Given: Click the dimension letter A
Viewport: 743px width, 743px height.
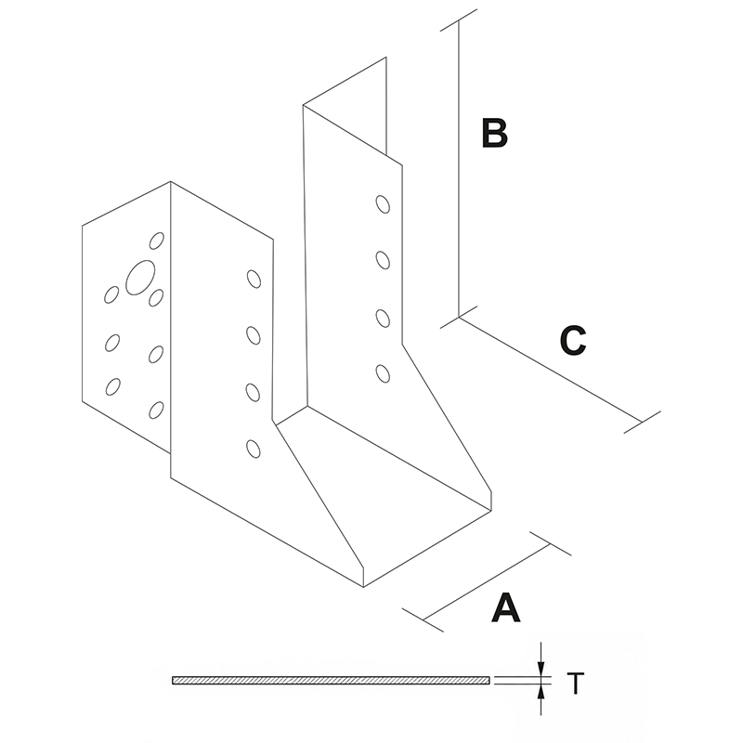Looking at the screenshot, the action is [505, 607].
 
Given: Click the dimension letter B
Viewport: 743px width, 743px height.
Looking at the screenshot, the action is [494, 133].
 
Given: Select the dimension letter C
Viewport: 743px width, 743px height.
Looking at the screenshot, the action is [573, 340].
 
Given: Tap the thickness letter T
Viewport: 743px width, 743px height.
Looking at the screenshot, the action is [576, 684].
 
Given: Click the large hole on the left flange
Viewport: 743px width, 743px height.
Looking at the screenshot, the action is [140, 278].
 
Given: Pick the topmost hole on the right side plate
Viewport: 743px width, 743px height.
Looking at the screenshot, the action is [383, 204].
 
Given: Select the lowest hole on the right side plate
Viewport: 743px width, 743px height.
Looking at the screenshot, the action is [383, 373].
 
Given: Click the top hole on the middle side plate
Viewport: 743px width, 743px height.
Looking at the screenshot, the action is [254, 279].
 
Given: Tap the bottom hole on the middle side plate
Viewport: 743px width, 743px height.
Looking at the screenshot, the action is [254, 449].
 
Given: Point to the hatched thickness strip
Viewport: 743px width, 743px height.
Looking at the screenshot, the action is [331, 681].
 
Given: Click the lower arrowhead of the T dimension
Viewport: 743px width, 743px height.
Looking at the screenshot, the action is [541, 692].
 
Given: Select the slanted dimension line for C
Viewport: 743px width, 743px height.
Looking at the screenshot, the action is [550, 369].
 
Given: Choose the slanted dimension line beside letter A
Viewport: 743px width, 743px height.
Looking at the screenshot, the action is [487, 582].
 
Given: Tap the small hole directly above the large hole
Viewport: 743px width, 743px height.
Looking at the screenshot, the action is [157, 241].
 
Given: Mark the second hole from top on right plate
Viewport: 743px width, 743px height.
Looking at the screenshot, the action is [383, 260].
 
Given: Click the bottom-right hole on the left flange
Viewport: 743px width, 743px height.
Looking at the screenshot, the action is [156, 410].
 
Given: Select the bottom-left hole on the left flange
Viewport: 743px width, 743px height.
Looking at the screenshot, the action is [112, 386].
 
